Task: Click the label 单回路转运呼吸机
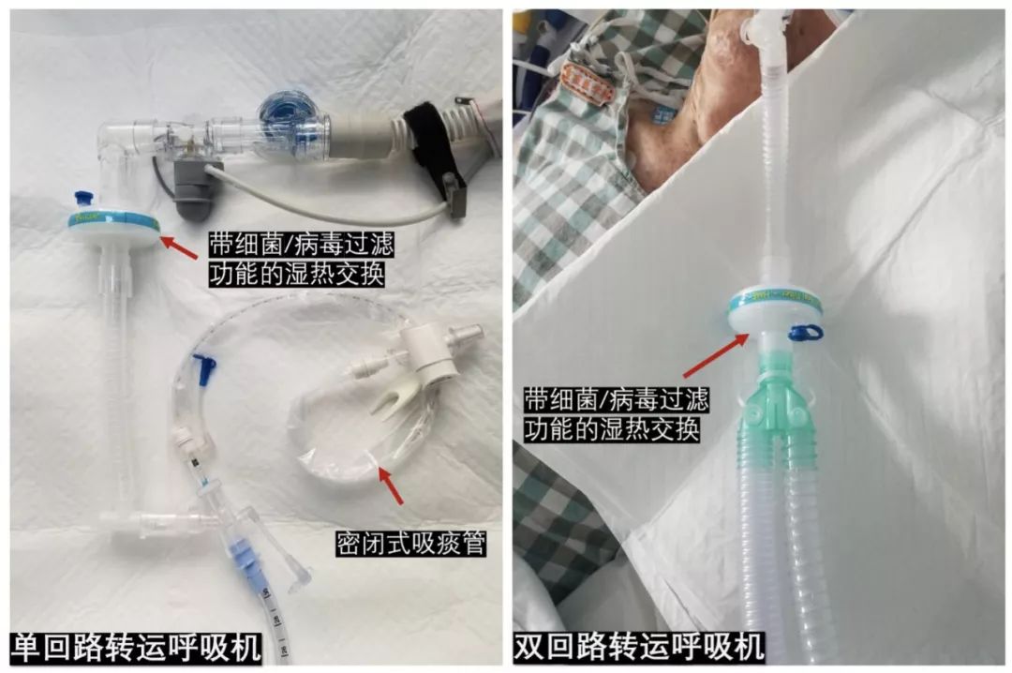coord(137,647)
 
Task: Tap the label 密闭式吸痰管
coord(411,544)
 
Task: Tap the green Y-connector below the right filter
coord(778,408)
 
